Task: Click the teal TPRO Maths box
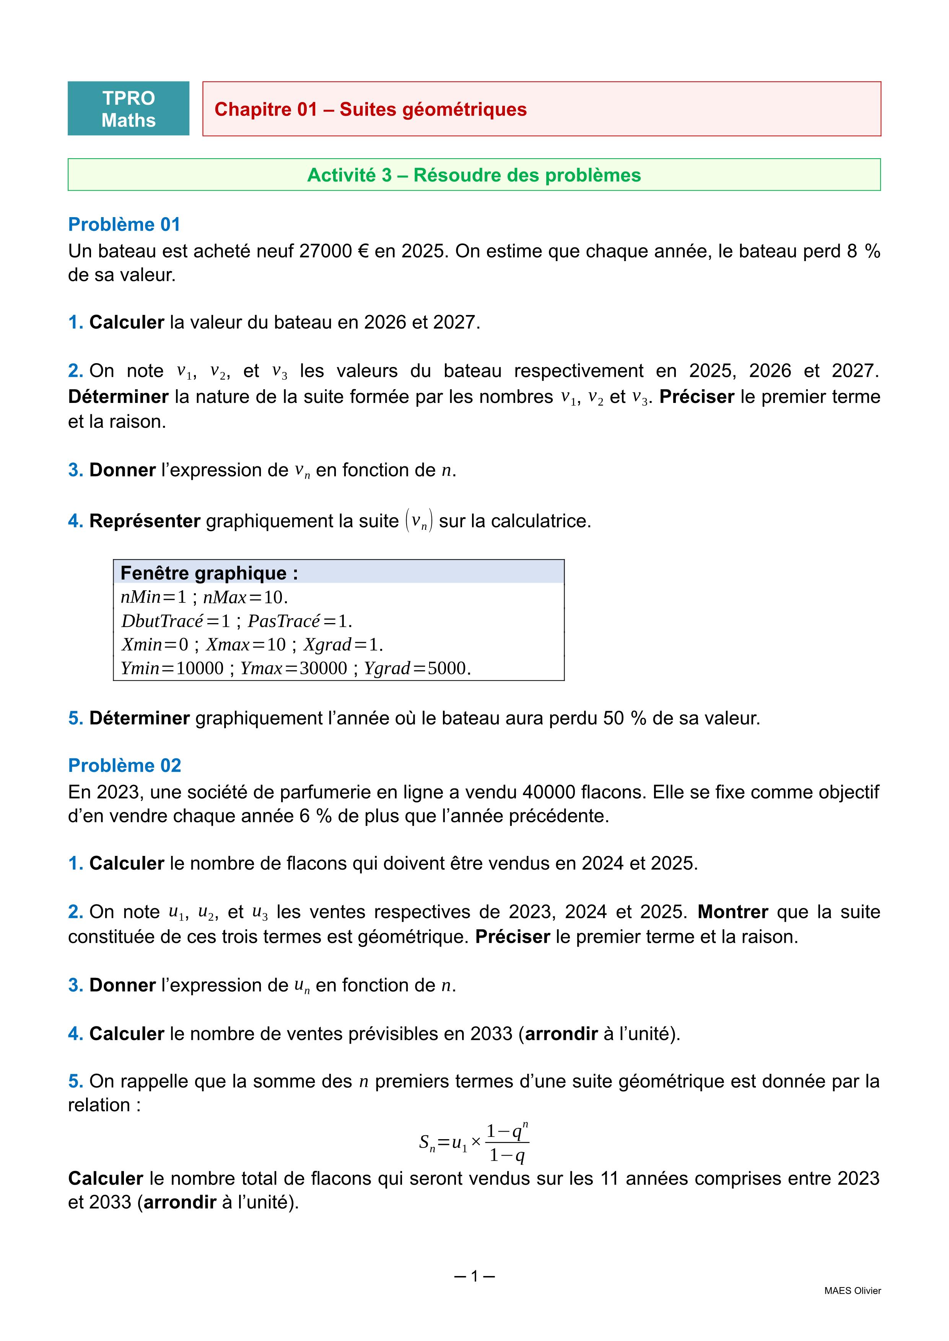[x=129, y=109]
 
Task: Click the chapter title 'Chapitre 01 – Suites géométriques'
[x=371, y=109]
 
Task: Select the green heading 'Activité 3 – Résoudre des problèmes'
[x=474, y=175]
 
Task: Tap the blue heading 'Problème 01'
[x=124, y=224]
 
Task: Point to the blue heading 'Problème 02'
[x=124, y=765]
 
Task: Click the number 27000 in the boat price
[x=323, y=251]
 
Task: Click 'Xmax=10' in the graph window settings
[x=246, y=645]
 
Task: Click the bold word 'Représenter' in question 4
[x=145, y=521]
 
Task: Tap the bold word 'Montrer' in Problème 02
[x=733, y=912]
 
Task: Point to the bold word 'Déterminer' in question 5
[x=140, y=718]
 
